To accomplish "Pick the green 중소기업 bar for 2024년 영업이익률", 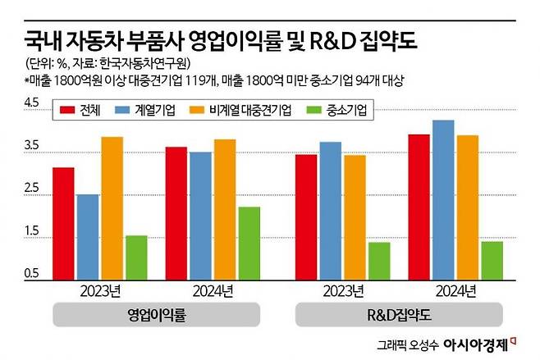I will coord(248,243).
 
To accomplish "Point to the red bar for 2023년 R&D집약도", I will coord(306,216).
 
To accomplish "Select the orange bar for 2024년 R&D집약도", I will coord(468,207).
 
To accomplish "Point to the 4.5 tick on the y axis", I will coord(32,103).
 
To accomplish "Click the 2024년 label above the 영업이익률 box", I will coord(212,290).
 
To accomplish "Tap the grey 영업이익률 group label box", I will coord(156,314).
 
